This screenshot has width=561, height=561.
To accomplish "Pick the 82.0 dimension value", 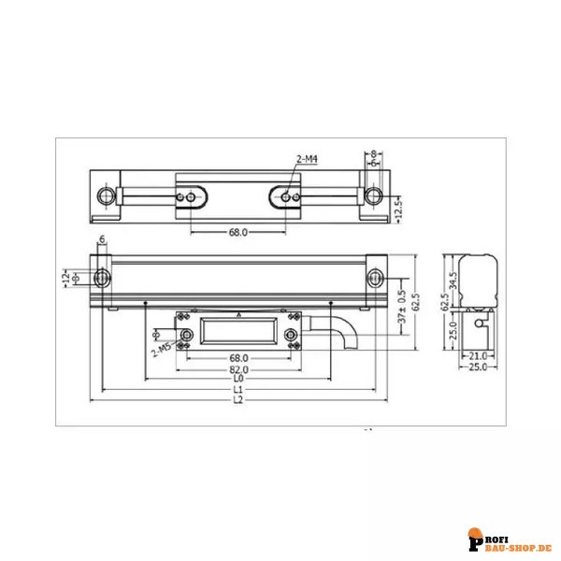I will tap(237, 369).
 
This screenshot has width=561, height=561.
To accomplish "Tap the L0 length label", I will tap(237, 379).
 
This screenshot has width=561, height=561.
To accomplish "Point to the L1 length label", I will tap(237, 389).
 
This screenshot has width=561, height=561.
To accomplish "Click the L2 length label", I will tap(237, 400).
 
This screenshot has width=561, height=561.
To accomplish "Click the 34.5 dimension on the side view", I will tap(453, 280).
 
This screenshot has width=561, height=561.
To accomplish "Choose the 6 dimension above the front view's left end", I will tap(101, 239).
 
